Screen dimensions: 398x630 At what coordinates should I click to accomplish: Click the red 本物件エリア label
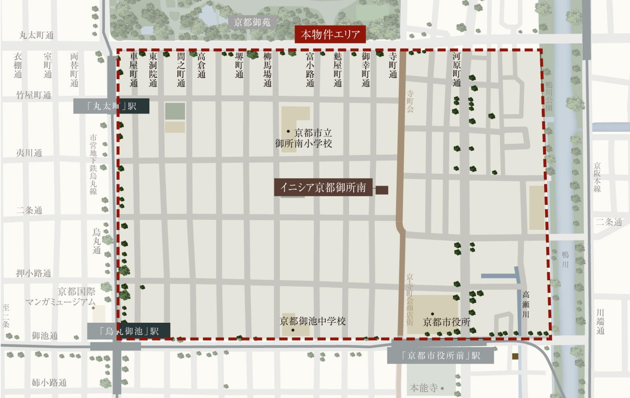[x=330, y=34]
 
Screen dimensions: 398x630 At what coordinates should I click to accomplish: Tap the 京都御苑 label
[x=252, y=22]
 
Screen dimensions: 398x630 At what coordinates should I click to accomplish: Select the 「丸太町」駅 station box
[x=111, y=106]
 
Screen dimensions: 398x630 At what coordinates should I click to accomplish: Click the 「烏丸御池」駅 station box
[x=129, y=331]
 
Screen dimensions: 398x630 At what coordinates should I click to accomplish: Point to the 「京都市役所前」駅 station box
[x=440, y=356]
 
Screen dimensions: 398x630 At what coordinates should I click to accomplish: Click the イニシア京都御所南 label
[x=323, y=188]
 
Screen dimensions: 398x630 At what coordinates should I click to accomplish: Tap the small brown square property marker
[x=382, y=190]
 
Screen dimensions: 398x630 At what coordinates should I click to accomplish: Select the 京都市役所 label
[x=446, y=322]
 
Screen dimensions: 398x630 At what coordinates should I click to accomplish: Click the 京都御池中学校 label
[x=313, y=321]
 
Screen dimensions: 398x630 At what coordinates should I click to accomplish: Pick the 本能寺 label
[x=424, y=388]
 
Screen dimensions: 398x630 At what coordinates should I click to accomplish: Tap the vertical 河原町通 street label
[x=456, y=69]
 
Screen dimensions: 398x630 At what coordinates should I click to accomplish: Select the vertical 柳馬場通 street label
[x=267, y=69]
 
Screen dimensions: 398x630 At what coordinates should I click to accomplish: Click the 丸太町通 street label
[x=36, y=35]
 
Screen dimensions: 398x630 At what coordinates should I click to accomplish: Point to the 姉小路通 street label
[x=49, y=383]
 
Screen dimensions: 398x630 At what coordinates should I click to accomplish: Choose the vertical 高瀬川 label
[x=526, y=305]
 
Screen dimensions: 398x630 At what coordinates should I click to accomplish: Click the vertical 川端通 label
[x=600, y=321]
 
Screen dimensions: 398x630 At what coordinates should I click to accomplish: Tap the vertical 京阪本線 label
[x=597, y=177]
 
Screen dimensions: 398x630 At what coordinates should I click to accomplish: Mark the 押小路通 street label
[x=34, y=273]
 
